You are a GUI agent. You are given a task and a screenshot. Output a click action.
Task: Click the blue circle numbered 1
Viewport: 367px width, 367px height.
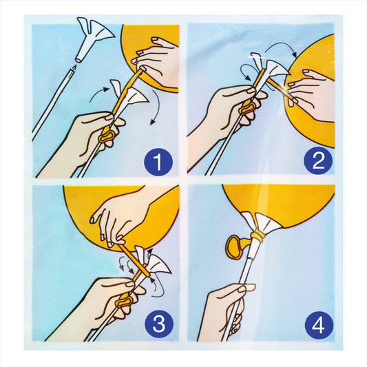pyautogui.click(x=158, y=162)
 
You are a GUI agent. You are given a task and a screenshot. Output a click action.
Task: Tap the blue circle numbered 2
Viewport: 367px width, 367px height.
pyautogui.click(x=318, y=161)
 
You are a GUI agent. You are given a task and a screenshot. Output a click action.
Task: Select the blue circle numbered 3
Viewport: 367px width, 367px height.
pyautogui.click(x=159, y=324)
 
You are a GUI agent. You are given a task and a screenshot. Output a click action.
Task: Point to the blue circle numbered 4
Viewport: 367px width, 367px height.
pyautogui.click(x=319, y=325)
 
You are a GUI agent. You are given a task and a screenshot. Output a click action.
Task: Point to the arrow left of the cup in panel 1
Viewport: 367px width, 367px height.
pyautogui.click(x=99, y=93)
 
